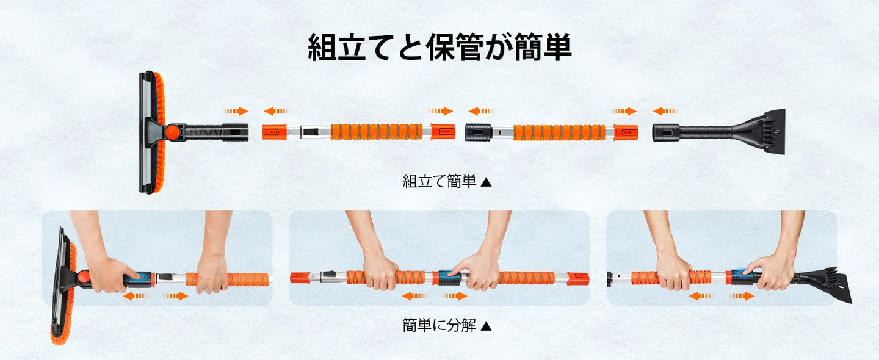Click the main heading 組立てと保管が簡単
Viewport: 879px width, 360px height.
[440, 48]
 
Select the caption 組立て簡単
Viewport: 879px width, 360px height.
[440, 181]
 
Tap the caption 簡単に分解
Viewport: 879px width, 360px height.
[439, 325]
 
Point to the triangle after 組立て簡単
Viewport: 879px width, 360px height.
[487, 182]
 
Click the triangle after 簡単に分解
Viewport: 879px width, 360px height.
[487, 326]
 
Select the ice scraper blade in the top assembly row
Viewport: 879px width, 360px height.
[766, 130]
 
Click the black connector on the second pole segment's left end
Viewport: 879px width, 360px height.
[478, 131]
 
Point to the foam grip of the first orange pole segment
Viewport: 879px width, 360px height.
[377, 132]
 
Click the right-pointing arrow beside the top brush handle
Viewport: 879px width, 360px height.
[236, 111]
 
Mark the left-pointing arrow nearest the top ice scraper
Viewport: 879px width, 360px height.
[665, 111]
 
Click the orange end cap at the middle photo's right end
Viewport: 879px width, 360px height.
[578, 279]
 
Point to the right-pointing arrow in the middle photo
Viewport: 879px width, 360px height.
[455, 296]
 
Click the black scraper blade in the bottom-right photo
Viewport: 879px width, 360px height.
[824, 287]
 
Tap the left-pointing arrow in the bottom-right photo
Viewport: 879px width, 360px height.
[701, 296]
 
